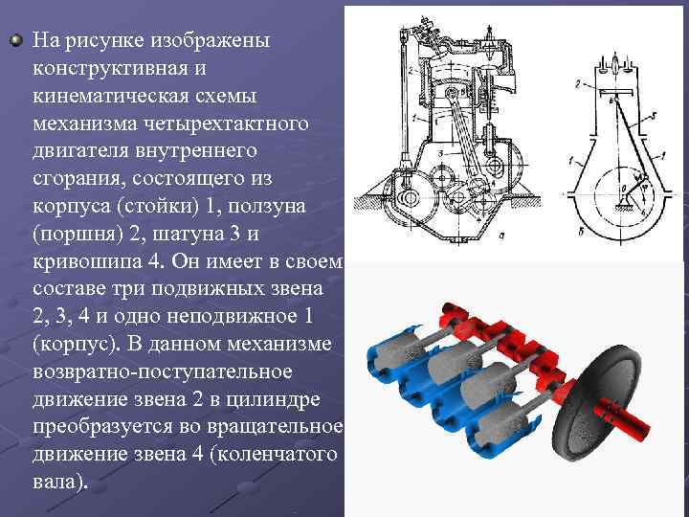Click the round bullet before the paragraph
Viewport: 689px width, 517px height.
click(x=16, y=40)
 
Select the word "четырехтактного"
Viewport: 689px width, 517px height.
click(x=227, y=124)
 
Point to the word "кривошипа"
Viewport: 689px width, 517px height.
click(x=87, y=262)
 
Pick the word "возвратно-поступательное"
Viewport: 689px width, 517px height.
click(x=163, y=371)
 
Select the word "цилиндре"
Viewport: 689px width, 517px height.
click(x=274, y=399)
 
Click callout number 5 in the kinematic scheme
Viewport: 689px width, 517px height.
click(x=654, y=116)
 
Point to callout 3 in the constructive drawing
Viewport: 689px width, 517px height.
click(x=441, y=154)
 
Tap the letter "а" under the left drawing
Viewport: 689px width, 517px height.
click(x=501, y=236)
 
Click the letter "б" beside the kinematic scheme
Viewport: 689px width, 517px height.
click(x=581, y=232)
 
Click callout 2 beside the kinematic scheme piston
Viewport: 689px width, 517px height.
click(x=578, y=84)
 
